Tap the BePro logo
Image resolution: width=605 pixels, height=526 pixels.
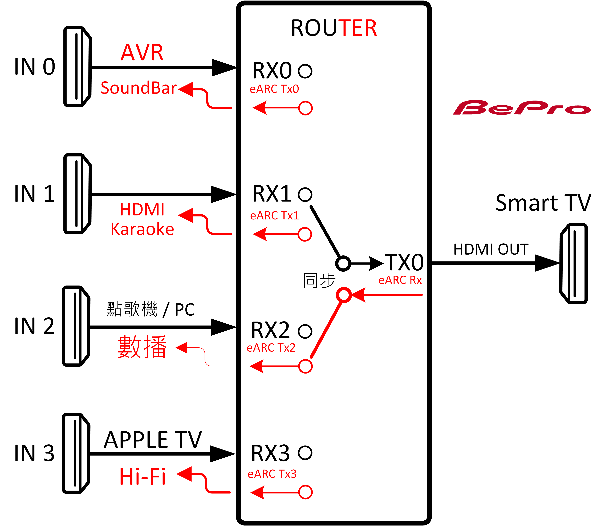pyautogui.click(x=522, y=108)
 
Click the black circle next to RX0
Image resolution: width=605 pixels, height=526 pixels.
pyautogui.click(x=305, y=71)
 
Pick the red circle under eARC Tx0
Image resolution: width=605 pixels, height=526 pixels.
pyautogui.click(x=305, y=108)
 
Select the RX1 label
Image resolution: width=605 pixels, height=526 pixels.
pyautogui.click(x=272, y=194)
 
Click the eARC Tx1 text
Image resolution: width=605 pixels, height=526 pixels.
pyautogui.click(x=274, y=216)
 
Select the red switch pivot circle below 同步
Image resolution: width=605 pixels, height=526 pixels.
pyautogui.click(x=344, y=295)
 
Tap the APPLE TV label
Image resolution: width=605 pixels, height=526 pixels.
pyautogui.click(x=153, y=440)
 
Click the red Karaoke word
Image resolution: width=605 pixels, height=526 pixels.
pyautogui.click(x=142, y=229)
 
